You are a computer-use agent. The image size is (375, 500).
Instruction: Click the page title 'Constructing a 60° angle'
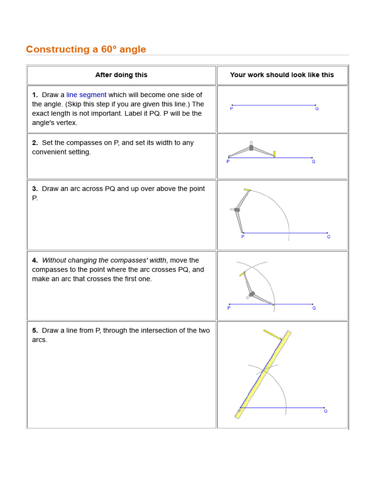(x=86, y=49)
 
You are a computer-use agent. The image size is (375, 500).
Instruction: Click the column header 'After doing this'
(x=121, y=75)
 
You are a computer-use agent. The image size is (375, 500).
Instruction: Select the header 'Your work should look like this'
(x=282, y=75)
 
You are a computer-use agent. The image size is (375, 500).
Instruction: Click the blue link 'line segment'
(x=86, y=95)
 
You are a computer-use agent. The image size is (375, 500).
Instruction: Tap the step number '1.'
(x=35, y=95)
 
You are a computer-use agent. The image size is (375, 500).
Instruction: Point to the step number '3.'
(x=35, y=188)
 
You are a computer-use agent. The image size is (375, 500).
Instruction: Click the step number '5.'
(x=35, y=330)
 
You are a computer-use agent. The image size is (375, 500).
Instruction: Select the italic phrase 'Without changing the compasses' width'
(x=104, y=260)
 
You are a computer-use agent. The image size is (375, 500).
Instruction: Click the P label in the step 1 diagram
(x=231, y=109)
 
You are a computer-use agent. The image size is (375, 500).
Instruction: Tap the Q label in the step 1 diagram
(x=317, y=109)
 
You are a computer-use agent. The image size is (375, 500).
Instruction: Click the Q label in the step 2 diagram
(x=313, y=162)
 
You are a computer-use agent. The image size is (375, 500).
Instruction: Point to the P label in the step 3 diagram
(x=243, y=237)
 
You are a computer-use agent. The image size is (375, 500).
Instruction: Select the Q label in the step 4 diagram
(x=314, y=308)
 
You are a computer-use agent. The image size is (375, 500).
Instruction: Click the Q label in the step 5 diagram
(x=326, y=411)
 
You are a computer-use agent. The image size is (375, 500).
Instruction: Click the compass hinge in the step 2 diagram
(x=251, y=147)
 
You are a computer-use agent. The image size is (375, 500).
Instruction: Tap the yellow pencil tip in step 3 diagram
(x=247, y=189)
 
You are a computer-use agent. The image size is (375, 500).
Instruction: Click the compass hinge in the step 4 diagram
(x=252, y=294)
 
